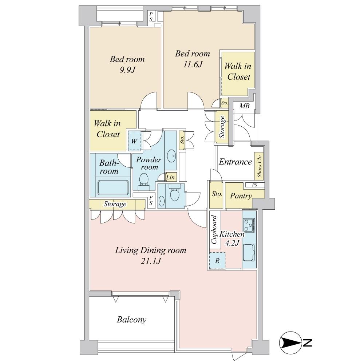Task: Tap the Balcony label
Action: tap(132, 320)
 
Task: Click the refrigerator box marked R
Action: tap(217, 261)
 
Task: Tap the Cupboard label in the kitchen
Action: tap(214, 230)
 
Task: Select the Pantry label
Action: tap(241, 196)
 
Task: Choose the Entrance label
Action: tap(235, 162)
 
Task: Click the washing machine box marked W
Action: tap(134, 141)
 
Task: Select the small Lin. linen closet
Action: tap(171, 177)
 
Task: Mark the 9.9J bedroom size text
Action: tap(127, 70)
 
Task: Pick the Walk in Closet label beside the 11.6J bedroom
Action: tap(237, 71)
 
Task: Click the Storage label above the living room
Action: tap(115, 204)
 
